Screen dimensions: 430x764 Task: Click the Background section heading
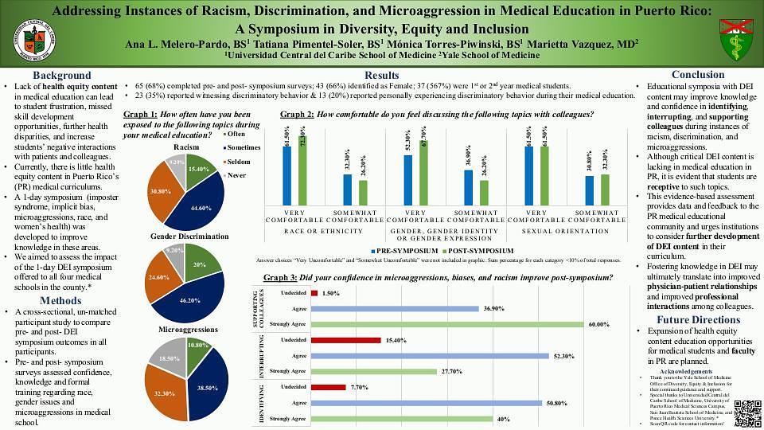[61, 75]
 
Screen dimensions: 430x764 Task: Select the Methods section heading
[61, 300]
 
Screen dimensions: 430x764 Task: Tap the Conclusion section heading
[698, 75]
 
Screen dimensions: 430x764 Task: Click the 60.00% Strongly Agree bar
[446, 324]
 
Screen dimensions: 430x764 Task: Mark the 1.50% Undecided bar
[314, 293]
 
